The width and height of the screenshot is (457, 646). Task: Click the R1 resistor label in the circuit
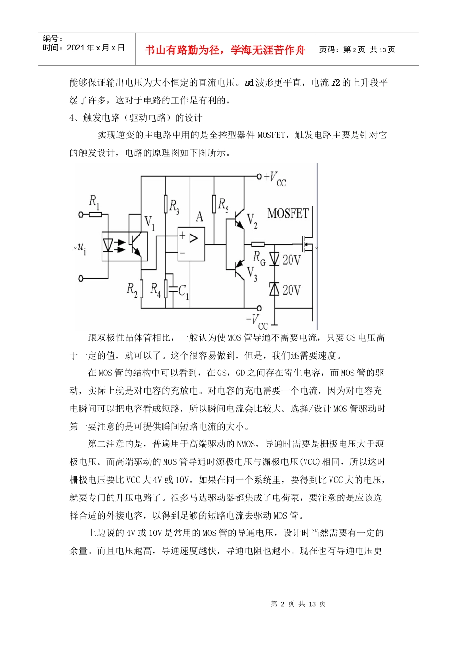tap(94, 202)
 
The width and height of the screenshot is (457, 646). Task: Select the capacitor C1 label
tap(184, 291)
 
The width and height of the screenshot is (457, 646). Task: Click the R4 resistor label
tap(155, 289)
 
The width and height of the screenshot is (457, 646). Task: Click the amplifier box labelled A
tap(191, 244)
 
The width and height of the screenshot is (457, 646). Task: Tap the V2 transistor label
tap(252, 221)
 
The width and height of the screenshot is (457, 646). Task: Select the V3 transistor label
tap(252, 273)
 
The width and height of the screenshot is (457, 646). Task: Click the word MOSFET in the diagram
tap(288, 213)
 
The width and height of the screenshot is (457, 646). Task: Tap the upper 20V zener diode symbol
tap(275, 259)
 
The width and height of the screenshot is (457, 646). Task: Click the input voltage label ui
tap(81, 248)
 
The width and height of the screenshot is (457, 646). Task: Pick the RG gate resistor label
tap(259, 259)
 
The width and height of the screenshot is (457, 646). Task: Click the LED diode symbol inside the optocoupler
tap(109, 246)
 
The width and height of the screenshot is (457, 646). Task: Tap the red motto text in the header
tap(225, 50)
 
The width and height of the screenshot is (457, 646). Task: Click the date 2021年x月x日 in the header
tap(95, 48)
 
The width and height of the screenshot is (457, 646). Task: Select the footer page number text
tap(298, 604)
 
